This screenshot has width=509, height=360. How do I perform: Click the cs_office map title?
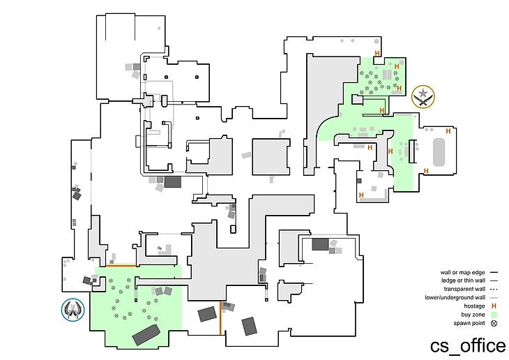(x=467, y=345)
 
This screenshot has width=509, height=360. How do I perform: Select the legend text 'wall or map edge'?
(x=462, y=272)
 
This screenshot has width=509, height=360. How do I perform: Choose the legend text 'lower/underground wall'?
(x=455, y=297)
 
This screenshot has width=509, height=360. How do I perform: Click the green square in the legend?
(x=494, y=314)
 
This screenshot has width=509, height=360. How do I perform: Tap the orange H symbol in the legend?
(x=494, y=306)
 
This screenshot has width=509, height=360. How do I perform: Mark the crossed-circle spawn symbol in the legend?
(x=494, y=322)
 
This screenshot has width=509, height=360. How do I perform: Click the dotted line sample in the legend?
(x=494, y=289)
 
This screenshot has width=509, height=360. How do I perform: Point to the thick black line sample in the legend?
(x=494, y=272)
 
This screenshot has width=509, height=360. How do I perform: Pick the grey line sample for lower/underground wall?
(x=494, y=297)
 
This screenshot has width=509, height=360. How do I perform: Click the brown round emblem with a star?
(x=423, y=96)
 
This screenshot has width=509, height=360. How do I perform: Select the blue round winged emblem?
(x=73, y=309)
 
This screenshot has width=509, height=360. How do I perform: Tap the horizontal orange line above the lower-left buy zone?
(x=121, y=265)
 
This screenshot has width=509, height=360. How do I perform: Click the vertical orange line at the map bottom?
(x=221, y=317)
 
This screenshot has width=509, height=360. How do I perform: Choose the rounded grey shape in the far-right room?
(x=439, y=151)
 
